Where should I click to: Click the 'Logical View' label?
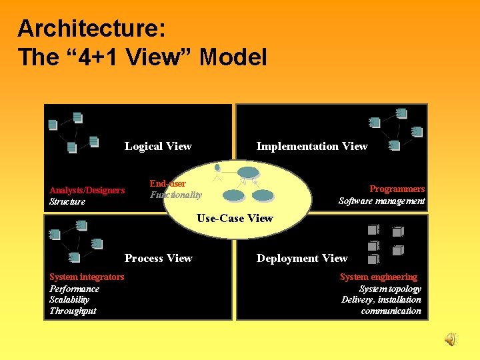158,147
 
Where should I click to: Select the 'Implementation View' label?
311,147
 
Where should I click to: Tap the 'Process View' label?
159,259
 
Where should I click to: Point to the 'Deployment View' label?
302,259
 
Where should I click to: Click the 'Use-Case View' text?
235,218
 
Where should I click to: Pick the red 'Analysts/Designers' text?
87,191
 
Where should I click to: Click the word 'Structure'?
67,201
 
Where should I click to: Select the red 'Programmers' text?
397,189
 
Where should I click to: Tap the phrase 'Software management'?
381,201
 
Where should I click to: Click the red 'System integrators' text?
87,277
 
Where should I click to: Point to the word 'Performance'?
74,289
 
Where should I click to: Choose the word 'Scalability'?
69,299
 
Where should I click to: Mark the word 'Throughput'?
73,311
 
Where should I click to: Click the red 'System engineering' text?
379,277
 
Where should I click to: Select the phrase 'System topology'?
390,289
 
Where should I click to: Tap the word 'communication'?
391,311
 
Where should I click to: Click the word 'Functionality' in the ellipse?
176,195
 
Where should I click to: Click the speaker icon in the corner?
451,339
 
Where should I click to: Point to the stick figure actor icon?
217,172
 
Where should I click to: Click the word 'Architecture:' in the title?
91,29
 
